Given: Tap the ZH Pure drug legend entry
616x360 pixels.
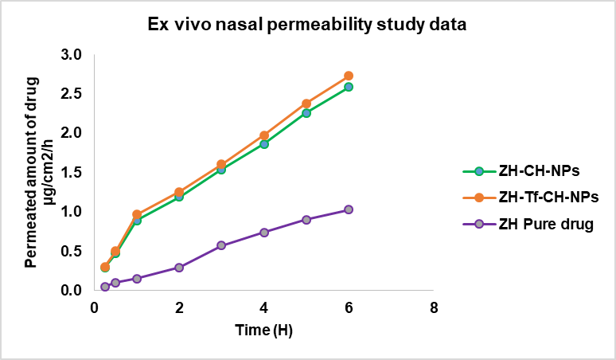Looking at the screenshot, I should (546, 224).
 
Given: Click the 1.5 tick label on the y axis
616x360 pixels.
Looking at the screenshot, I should (72, 173).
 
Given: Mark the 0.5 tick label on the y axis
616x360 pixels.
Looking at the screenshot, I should (72, 251).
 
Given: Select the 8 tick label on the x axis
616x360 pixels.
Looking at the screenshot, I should (433, 307).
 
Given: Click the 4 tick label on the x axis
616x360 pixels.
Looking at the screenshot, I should (263, 307).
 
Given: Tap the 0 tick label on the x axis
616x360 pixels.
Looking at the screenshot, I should (94, 307).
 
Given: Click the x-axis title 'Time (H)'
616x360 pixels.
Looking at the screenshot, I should (263, 329).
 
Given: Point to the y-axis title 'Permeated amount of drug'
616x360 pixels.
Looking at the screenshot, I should (32, 172).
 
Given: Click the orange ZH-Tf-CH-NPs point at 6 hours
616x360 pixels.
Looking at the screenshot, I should (349, 76).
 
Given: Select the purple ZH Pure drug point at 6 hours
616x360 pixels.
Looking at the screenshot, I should (349, 209).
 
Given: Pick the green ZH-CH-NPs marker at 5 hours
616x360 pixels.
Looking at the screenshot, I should (306, 113).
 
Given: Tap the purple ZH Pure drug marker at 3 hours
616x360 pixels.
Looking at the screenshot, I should (221, 245).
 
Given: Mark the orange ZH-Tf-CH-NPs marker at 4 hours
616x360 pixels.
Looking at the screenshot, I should (263, 135).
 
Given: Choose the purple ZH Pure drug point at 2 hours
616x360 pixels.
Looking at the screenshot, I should (179, 268).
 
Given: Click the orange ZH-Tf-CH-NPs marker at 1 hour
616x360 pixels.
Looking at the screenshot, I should (137, 214).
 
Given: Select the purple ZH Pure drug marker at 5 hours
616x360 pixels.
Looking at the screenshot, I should (306, 219).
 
